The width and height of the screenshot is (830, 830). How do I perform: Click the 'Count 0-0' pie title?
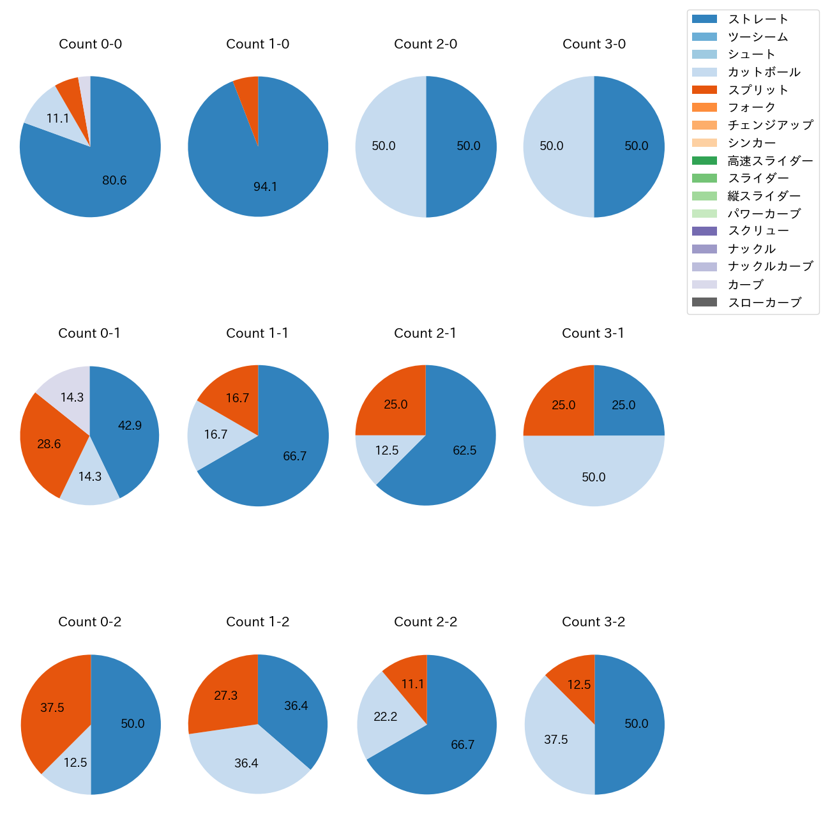90,44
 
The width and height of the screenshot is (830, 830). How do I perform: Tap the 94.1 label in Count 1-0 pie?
265,186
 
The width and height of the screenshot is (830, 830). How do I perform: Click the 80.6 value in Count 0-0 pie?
114,181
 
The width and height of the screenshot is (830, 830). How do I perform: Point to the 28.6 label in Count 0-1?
49,444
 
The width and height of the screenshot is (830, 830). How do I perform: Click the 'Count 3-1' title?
593,333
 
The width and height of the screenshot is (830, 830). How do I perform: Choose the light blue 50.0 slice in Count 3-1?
594,472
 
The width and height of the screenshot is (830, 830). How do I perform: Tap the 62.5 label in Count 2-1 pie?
464,450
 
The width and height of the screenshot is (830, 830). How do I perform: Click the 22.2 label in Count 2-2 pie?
386,717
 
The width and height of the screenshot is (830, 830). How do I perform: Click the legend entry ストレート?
758,19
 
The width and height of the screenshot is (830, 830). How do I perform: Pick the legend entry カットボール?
764,72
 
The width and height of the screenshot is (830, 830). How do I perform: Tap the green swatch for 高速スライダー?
704,161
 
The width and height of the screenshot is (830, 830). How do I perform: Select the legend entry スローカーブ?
764,303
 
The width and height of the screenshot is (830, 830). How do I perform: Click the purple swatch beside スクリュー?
704,231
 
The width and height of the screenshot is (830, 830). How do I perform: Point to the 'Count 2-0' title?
426,44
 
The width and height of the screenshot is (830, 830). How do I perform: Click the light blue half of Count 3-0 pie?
555,147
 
